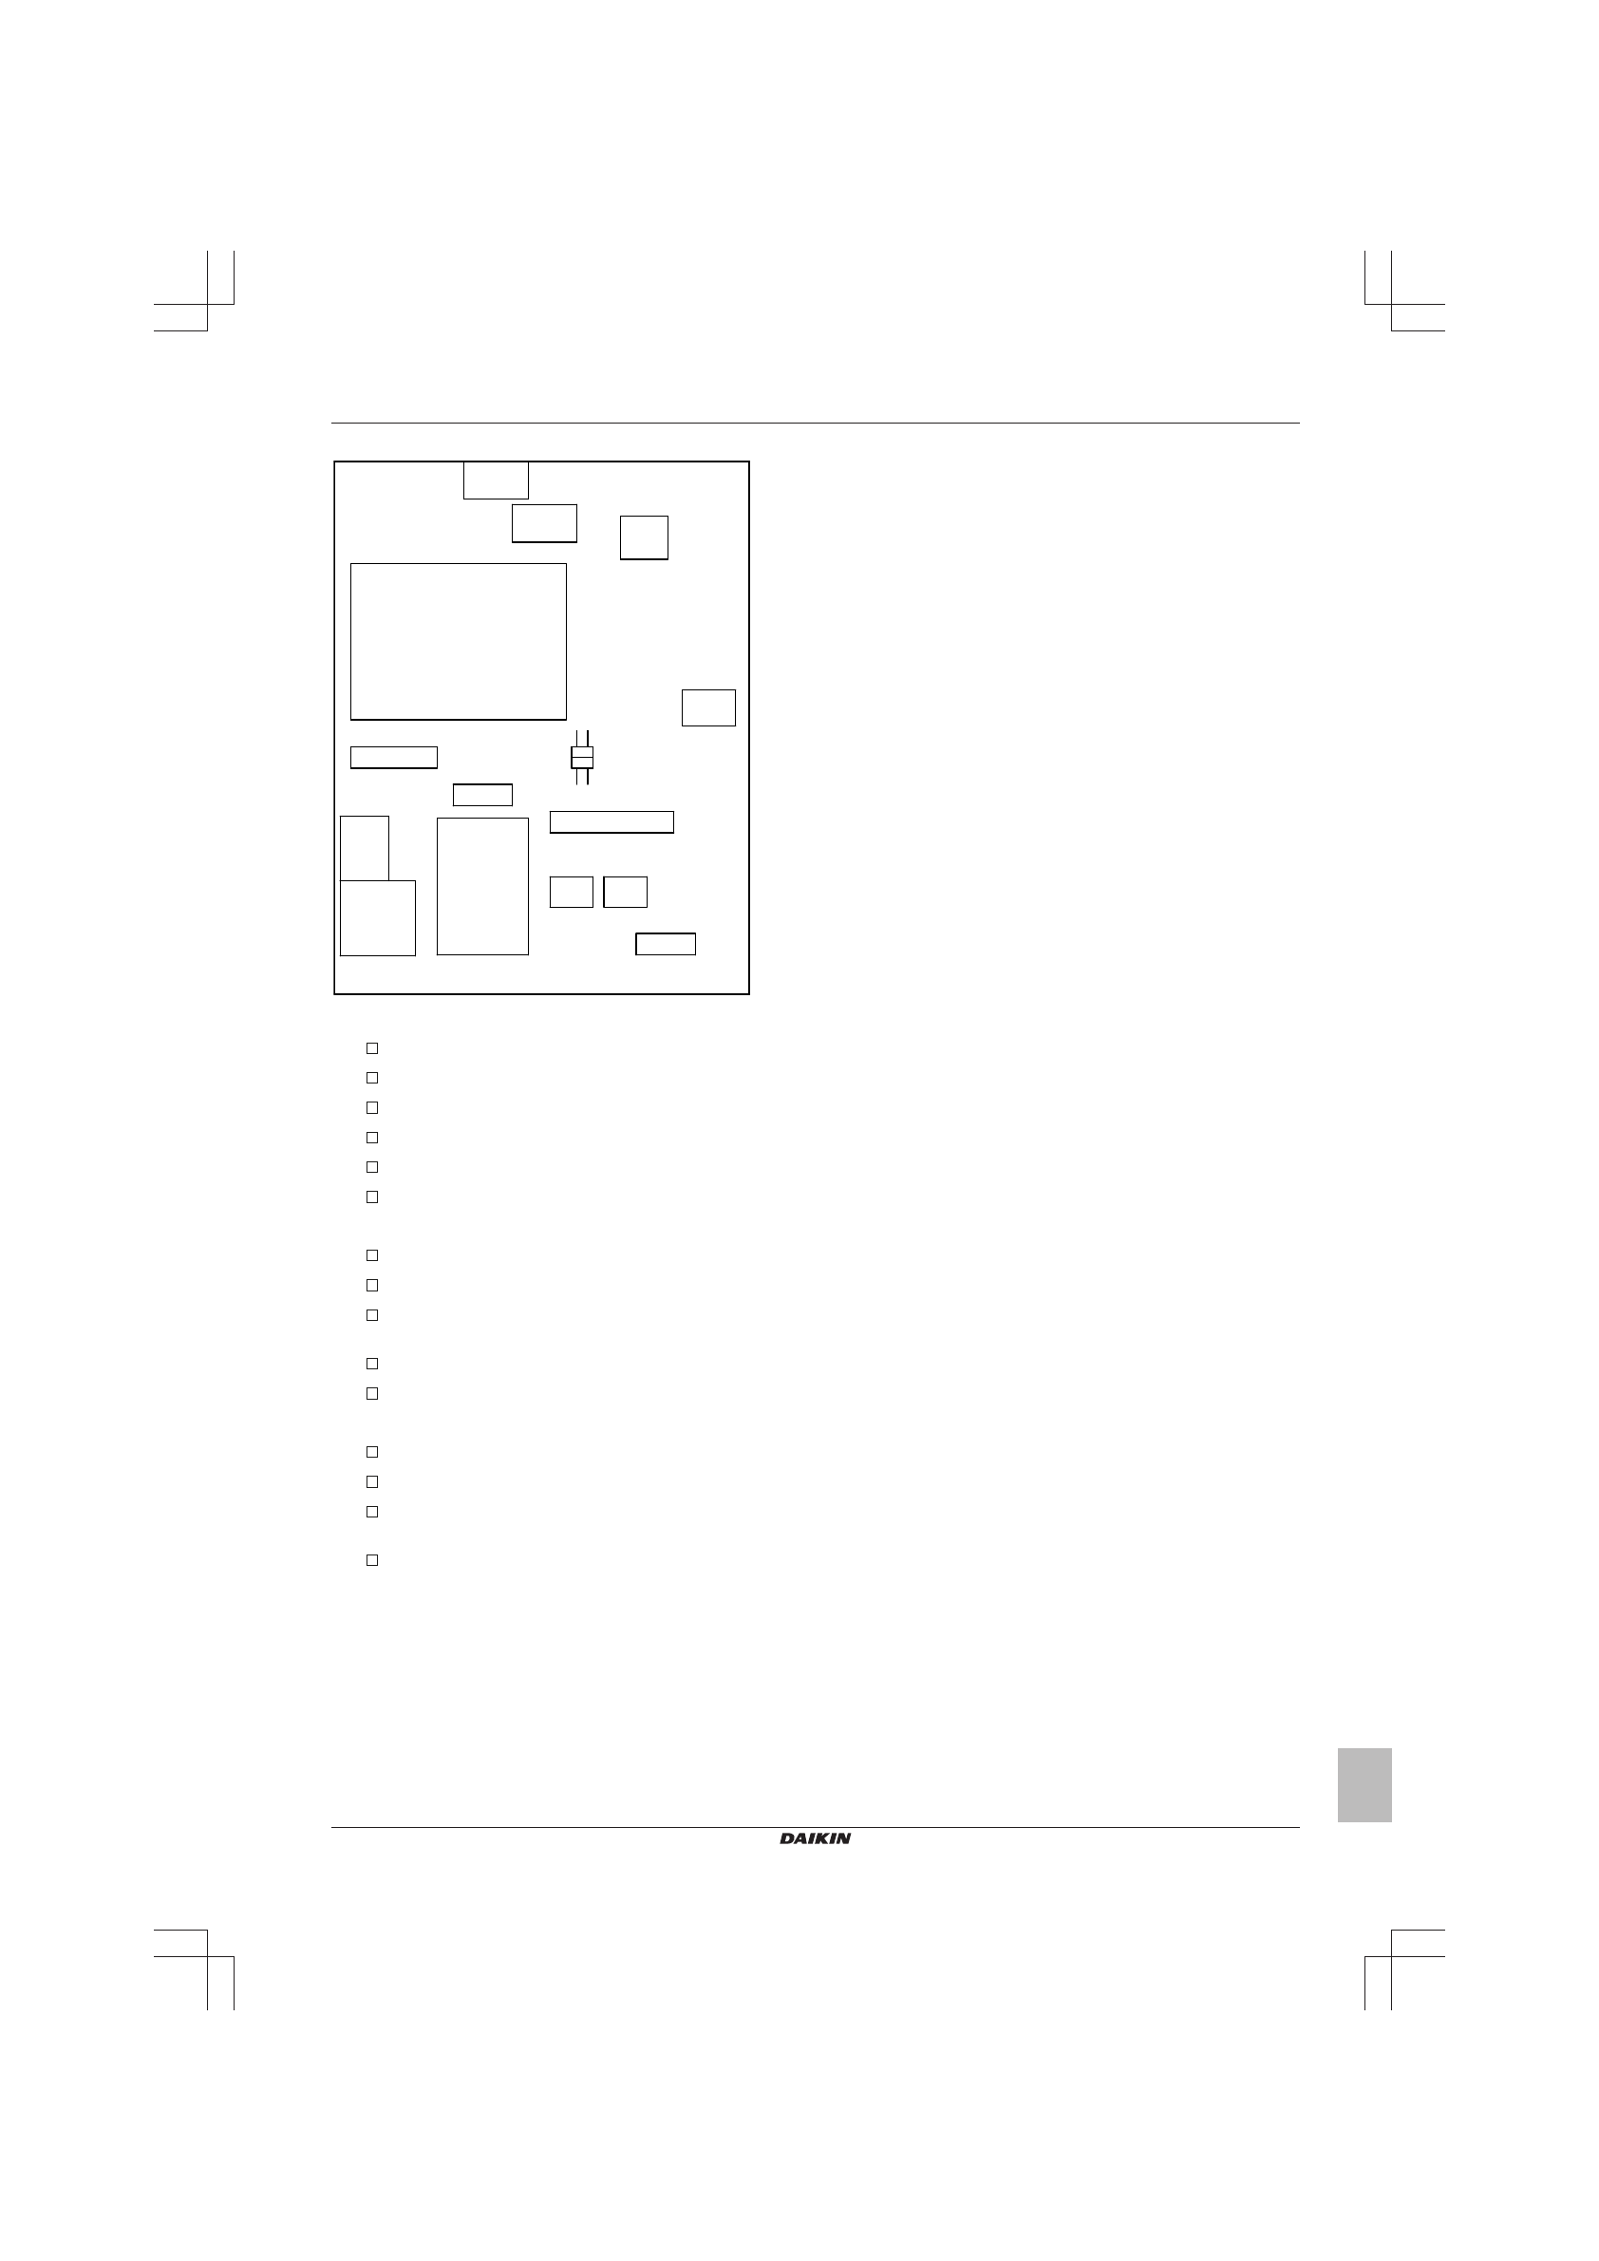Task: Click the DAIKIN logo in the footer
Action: (x=816, y=1838)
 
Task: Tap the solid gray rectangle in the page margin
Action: (x=1364, y=1784)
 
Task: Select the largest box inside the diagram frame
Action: (x=459, y=642)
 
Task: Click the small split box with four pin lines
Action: (x=582, y=757)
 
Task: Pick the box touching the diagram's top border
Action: (x=497, y=480)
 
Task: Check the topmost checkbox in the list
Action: (x=372, y=1048)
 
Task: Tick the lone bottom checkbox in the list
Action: (x=372, y=1561)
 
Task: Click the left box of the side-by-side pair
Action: (x=571, y=893)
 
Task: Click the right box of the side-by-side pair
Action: (x=625, y=893)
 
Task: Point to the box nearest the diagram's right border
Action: (x=709, y=708)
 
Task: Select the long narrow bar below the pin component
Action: (x=611, y=822)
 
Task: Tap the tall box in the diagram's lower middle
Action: (x=482, y=886)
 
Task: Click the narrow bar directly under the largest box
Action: (x=394, y=757)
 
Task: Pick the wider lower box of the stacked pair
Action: (x=378, y=918)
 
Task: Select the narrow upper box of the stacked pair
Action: (x=365, y=848)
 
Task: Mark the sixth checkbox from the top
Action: (x=372, y=1197)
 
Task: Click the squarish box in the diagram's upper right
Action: (x=644, y=537)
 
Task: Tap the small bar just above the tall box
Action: (x=482, y=795)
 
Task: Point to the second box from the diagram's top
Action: (x=544, y=523)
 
